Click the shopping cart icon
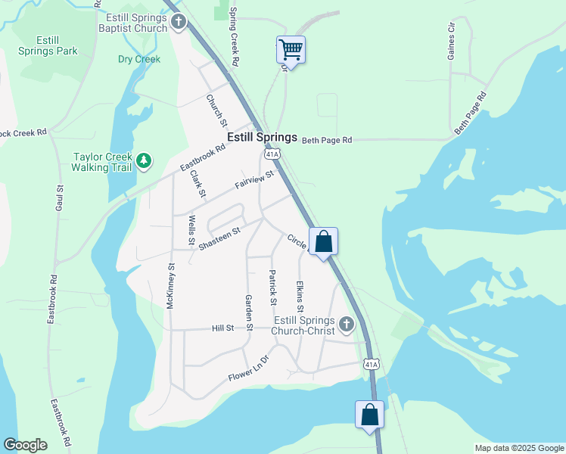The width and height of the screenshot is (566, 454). coord(291,50)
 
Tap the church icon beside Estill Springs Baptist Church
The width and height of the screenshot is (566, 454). coord(178,21)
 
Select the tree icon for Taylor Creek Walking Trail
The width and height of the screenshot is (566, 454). coord(143,161)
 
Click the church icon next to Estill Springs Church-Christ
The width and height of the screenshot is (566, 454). coord(347,325)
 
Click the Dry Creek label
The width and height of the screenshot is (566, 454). coord(138,59)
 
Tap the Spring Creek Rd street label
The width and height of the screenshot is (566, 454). coord(235,36)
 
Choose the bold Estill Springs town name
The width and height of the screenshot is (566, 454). coord(263,138)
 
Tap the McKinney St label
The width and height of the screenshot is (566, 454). coord(171,286)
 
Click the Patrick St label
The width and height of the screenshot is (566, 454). coord(272,288)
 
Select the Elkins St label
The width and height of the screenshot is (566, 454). coord(300,297)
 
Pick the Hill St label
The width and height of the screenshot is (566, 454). coord(222,328)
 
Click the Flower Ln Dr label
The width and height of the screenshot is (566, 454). coord(249,373)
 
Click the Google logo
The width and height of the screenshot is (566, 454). coord(25,445)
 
